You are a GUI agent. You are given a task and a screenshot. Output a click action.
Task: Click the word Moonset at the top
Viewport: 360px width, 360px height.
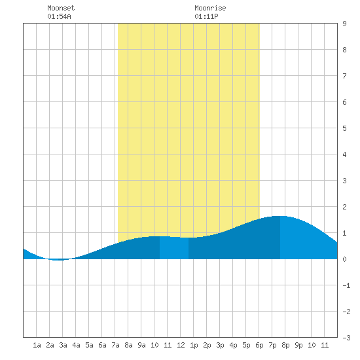tap(61, 8)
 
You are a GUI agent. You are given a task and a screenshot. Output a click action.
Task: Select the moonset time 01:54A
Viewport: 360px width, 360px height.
tap(59, 16)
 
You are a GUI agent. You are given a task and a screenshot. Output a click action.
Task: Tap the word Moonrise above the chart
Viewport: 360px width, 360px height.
tap(210, 8)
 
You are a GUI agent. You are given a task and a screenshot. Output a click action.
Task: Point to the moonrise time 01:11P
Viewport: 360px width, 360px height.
tap(206, 16)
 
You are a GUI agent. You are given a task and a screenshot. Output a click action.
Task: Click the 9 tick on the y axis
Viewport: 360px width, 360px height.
tap(344, 24)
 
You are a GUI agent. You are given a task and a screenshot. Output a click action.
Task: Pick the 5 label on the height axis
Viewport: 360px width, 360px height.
tap(344, 128)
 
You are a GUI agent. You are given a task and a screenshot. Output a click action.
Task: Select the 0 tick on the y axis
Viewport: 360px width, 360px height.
tap(344, 259)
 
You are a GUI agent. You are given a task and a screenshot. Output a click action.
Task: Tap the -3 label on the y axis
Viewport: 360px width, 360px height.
tap(346, 338)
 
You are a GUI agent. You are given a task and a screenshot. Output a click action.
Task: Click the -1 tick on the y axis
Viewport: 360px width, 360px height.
tap(346, 285)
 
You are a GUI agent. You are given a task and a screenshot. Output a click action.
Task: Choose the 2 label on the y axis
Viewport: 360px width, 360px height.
tap(344, 207)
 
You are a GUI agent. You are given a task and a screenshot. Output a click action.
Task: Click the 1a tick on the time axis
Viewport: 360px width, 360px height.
tap(37, 345)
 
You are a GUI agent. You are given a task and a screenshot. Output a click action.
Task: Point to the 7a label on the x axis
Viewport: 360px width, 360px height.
tap(115, 345)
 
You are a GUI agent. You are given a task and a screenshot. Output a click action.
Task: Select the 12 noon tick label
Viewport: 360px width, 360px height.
tap(181, 345)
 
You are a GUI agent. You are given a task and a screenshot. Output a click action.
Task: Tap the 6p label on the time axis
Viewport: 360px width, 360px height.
tap(259, 345)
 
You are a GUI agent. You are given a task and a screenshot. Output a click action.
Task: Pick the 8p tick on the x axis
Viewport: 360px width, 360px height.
tap(285, 345)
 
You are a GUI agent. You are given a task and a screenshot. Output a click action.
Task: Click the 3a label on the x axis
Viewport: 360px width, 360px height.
tap(63, 345)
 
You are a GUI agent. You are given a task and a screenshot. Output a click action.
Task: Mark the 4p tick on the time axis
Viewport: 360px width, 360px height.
tap(233, 345)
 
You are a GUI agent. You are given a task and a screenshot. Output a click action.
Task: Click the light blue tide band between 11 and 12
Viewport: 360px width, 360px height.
tap(174, 248)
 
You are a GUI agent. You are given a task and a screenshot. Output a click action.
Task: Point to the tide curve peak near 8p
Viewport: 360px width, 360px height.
tap(279, 216)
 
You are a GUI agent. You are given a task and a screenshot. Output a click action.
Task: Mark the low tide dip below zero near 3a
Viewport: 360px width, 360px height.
tap(58, 260)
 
